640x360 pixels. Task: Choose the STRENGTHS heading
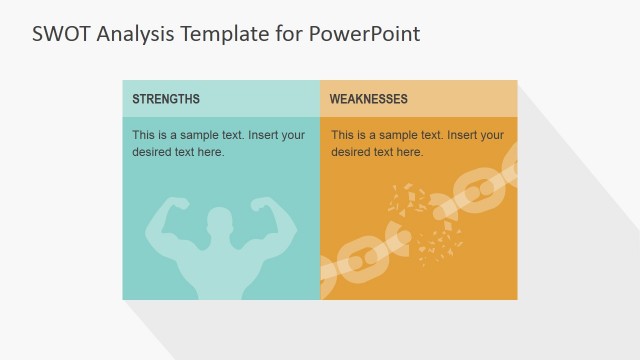[166, 99]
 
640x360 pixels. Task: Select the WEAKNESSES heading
[368, 99]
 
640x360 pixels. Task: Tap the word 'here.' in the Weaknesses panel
[411, 152]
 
